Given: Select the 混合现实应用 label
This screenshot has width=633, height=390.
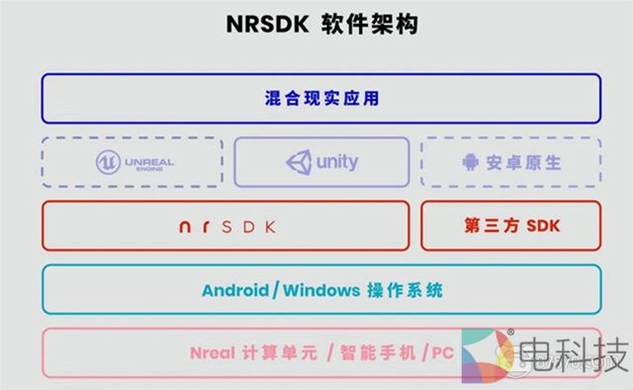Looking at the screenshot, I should point(321,99).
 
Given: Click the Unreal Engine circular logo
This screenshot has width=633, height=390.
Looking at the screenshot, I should point(108,162).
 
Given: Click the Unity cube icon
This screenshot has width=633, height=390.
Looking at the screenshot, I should point(298,161).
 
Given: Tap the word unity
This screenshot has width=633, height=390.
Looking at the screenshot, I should point(337,161).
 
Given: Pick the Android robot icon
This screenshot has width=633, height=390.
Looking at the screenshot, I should point(469,162).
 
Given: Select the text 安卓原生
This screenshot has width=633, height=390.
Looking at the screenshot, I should point(523,162).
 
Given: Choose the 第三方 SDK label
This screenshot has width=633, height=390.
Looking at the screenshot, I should point(511,226).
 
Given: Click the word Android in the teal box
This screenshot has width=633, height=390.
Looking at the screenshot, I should point(234,291).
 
